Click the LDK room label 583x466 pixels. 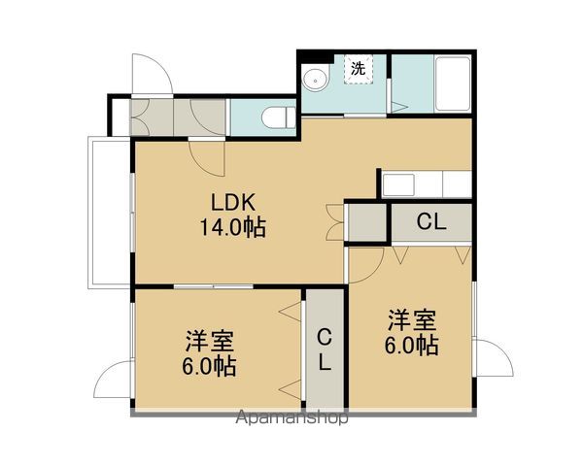[x=233, y=203]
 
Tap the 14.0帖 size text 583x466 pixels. [x=233, y=227]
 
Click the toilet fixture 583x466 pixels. [x=278, y=117]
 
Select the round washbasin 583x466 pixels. [x=316, y=80]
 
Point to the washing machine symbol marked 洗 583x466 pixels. [x=359, y=70]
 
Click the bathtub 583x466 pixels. [x=453, y=83]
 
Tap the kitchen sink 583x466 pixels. [x=398, y=184]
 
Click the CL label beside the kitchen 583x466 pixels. [x=430, y=222]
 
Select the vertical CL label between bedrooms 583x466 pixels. [x=325, y=349]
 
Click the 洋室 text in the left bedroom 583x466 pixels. [x=210, y=341]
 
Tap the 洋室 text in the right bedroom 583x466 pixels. [x=412, y=320]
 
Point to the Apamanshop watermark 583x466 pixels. [x=292, y=417]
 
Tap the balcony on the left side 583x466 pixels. [x=109, y=213]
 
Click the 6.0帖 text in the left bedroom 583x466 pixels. [x=209, y=366]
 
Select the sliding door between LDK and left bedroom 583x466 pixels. [x=214, y=286]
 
